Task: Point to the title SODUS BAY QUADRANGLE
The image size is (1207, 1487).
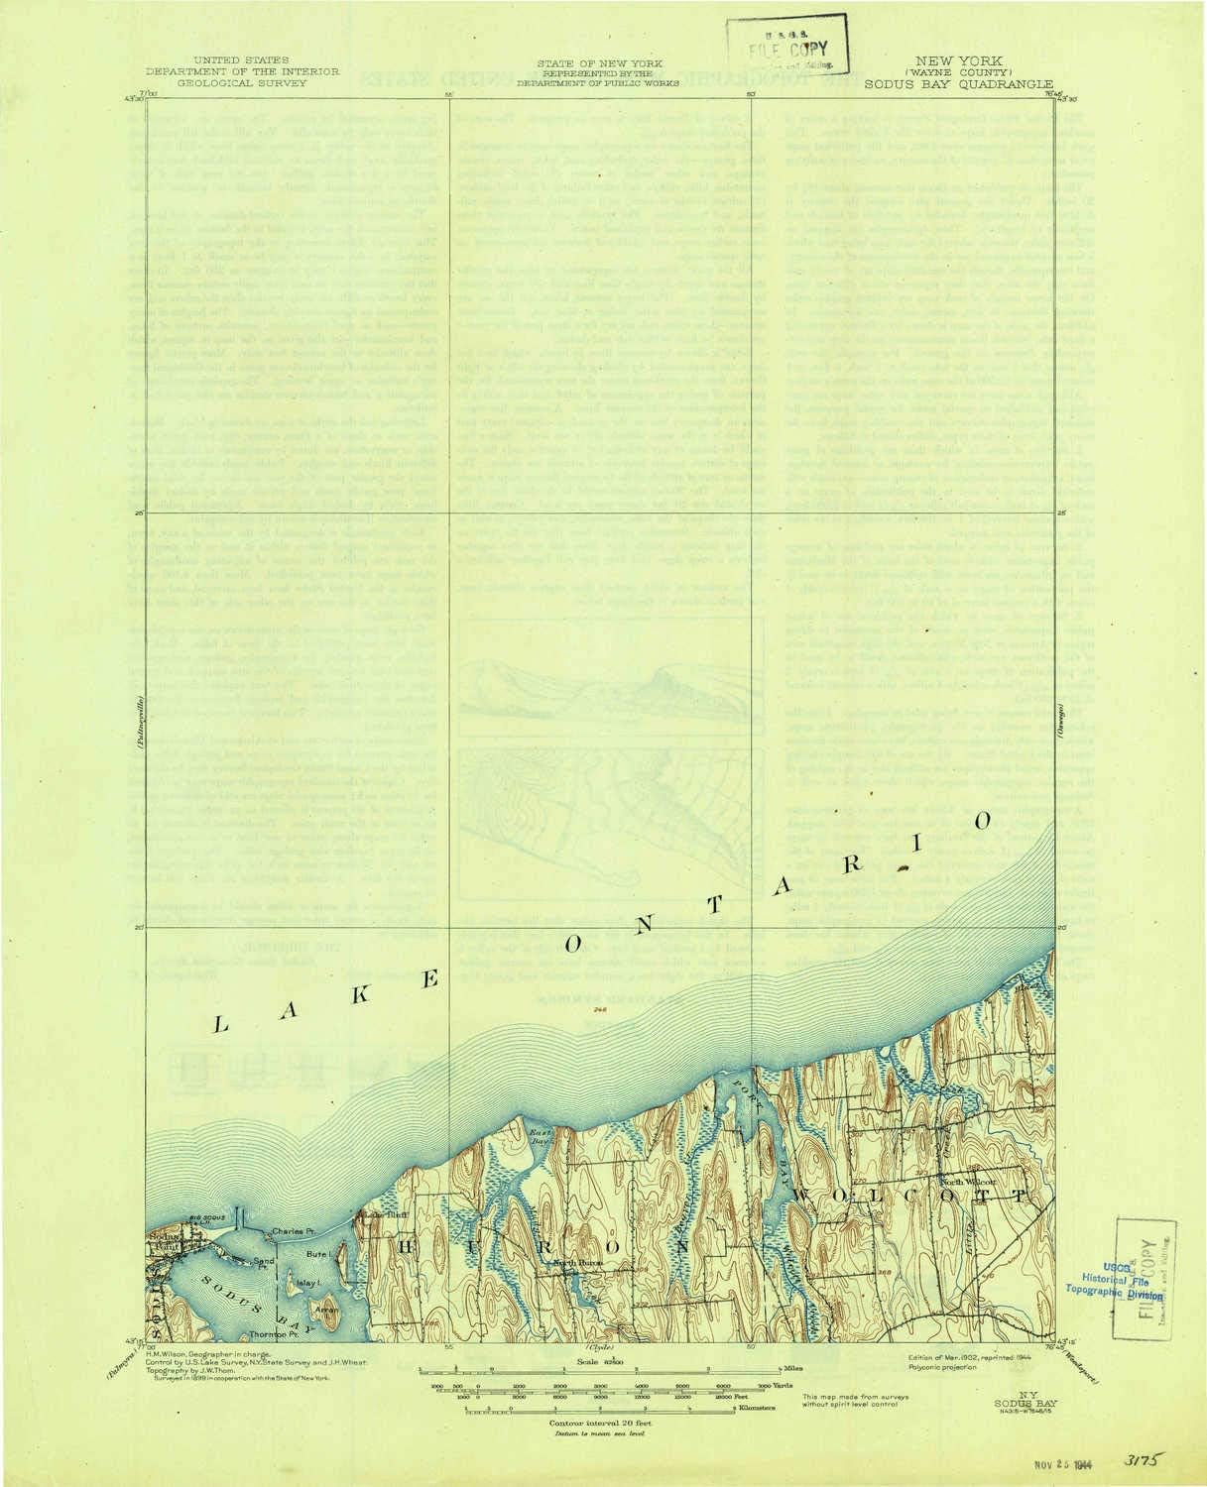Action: tap(958, 85)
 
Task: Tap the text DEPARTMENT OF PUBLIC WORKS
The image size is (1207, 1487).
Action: tap(598, 84)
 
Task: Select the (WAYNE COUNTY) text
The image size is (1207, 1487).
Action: tap(957, 72)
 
